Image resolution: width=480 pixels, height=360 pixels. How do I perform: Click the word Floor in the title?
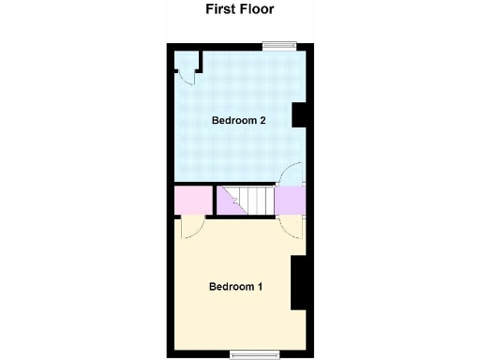(258, 9)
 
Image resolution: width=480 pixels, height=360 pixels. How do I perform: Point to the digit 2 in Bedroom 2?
(264, 120)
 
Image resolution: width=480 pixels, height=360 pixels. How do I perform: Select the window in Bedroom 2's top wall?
(277, 45)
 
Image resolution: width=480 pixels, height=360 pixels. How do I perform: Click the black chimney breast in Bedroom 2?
(301, 114)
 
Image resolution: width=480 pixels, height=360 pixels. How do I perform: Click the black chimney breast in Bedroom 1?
(300, 281)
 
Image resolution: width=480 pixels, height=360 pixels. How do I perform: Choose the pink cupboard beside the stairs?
(192, 200)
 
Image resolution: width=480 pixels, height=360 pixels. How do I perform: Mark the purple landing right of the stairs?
(289, 200)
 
